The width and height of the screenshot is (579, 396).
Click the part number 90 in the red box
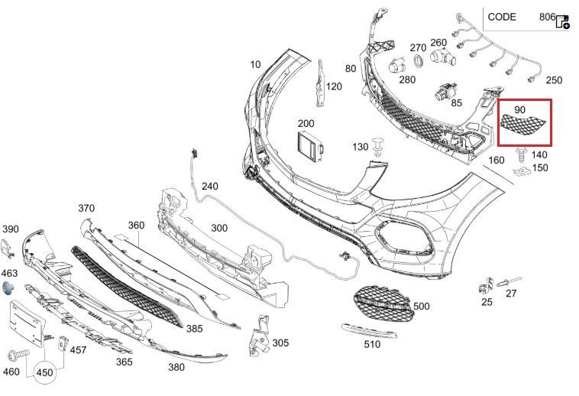tap(519, 110)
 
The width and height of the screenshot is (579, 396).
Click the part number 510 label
tap(371, 345)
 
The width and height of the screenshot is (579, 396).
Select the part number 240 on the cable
tap(209, 187)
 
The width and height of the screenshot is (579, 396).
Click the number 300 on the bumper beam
tap(219, 228)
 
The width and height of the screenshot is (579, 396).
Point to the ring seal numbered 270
tap(419, 63)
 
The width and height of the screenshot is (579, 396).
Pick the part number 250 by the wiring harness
tap(554, 80)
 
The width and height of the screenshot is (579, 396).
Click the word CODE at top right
tap(501, 17)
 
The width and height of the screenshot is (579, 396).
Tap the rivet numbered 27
tap(506, 284)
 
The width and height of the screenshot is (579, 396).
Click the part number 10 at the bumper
tap(255, 64)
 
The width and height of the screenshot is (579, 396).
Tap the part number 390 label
tap(10, 229)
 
